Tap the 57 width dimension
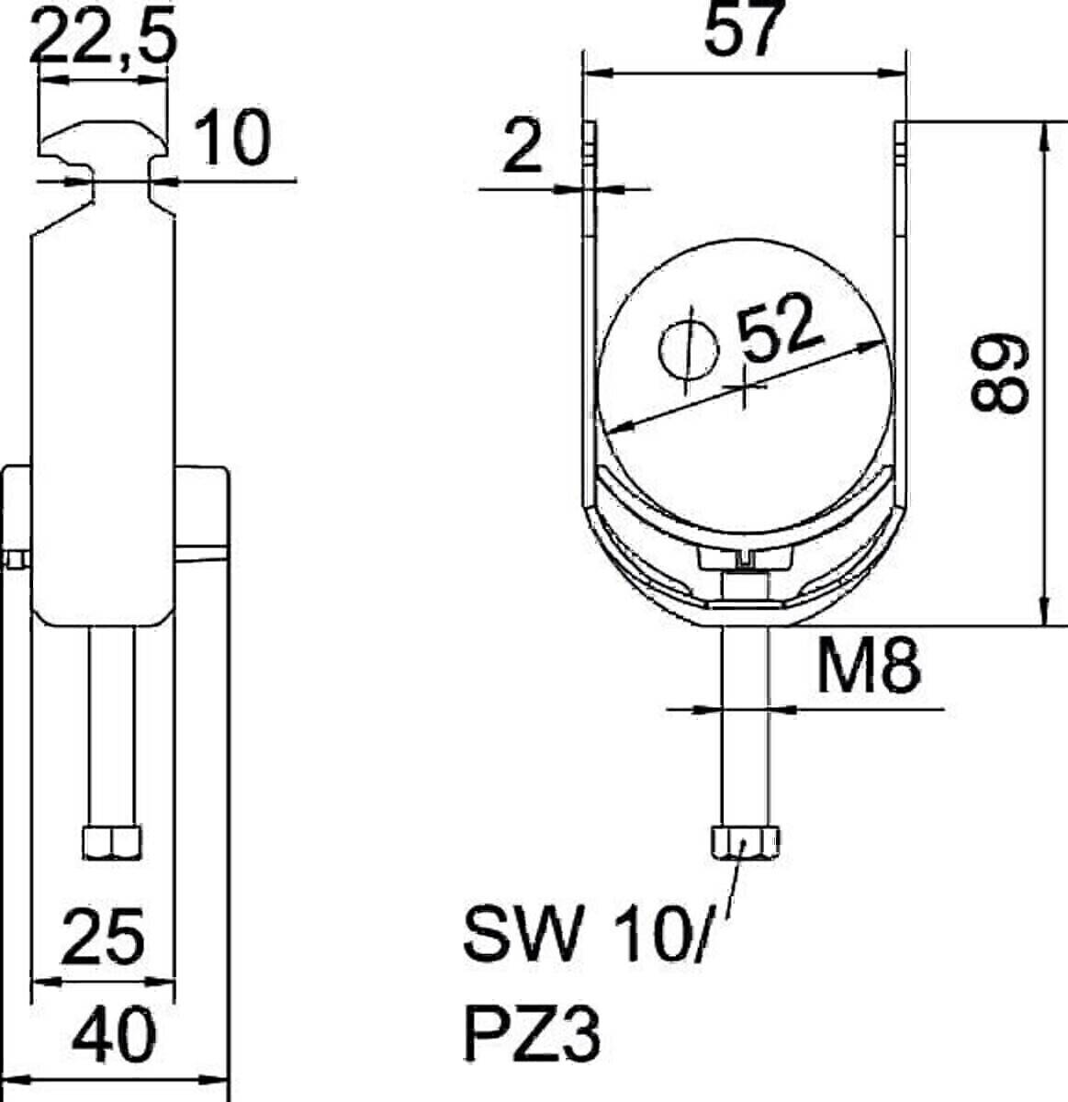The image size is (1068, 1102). (745, 29)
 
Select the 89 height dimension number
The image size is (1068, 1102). (1001, 372)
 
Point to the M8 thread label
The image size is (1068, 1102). (868, 668)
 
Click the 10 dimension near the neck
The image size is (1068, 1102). (236, 138)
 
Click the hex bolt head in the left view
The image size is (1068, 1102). (112, 841)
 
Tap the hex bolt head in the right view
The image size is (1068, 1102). (745, 841)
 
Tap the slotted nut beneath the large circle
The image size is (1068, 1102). (745, 559)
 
